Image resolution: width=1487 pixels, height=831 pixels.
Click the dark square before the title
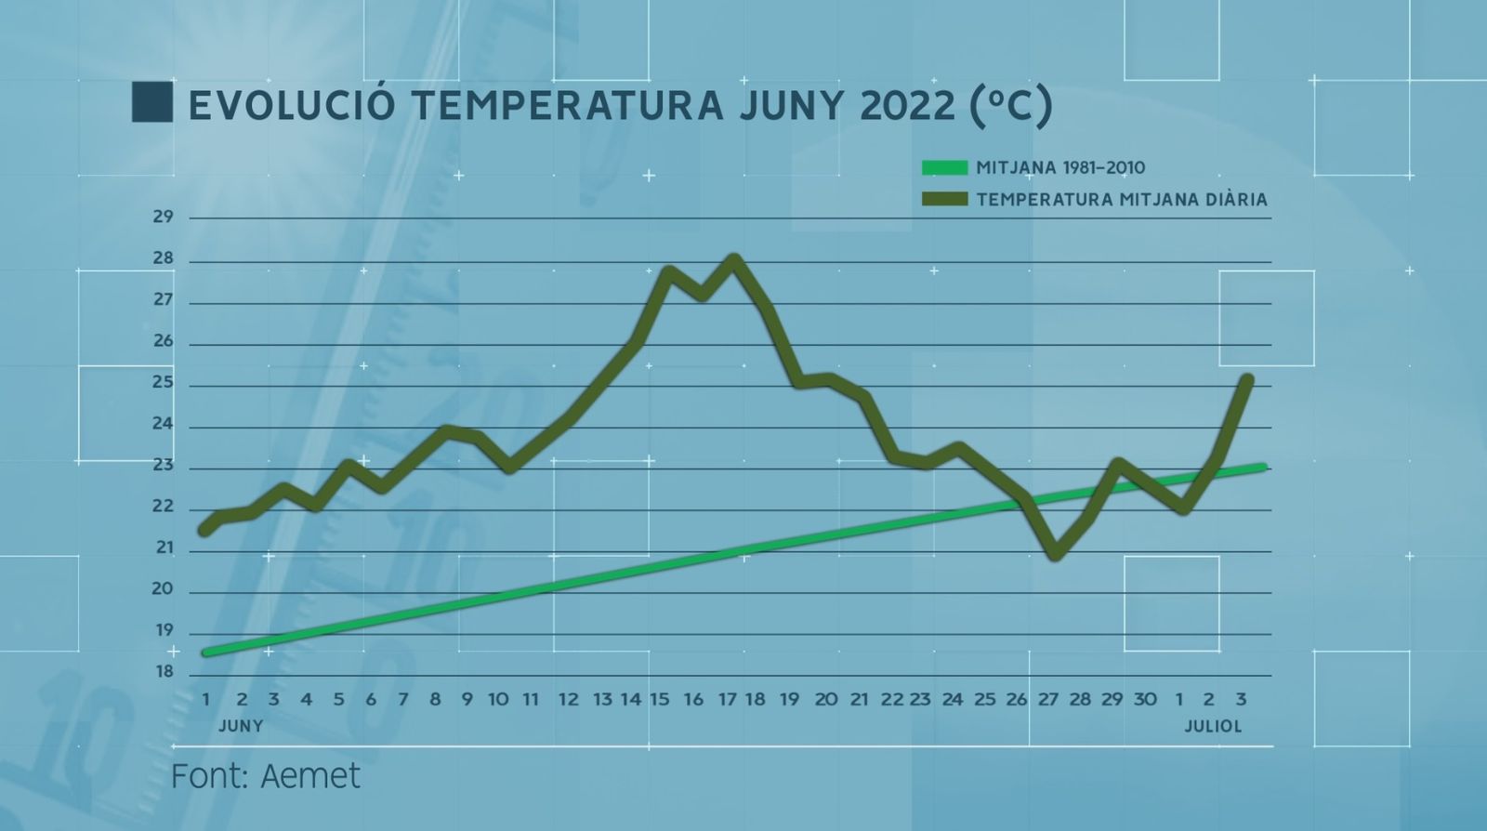click(x=151, y=103)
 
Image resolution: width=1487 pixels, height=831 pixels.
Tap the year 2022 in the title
click(x=908, y=106)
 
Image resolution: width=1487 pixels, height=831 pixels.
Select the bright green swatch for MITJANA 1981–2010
click(x=944, y=168)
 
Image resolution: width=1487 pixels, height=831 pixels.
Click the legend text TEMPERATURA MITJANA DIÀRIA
click(x=1122, y=200)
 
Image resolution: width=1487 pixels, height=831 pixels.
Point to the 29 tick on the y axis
click(x=164, y=217)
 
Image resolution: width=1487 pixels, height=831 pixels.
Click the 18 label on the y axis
click(x=164, y=672)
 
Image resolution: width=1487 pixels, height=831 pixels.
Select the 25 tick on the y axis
click(x=164, y=382)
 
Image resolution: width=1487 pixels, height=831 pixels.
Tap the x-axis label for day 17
click(x=727, y=699)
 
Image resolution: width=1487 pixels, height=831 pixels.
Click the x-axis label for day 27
click(x=1048, y=699)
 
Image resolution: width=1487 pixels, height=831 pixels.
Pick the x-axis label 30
click(x=1145, y=699)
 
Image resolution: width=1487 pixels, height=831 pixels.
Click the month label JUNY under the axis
click(x=241, y=726)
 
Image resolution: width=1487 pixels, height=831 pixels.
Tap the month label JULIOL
click(x=1212, y=726)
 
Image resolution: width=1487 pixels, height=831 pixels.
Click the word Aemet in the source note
click(x=310, y=776)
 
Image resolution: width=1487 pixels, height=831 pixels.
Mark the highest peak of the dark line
click(x=733, y=258)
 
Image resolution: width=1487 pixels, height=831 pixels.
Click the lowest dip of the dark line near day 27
click(x=1054, y=555)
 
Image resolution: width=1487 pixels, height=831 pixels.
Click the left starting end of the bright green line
click(x=206, y=653)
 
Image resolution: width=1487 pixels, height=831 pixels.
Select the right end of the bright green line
click(x=1263, y=468)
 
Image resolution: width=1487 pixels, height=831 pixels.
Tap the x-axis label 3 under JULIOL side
click(x=1241, y=699)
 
